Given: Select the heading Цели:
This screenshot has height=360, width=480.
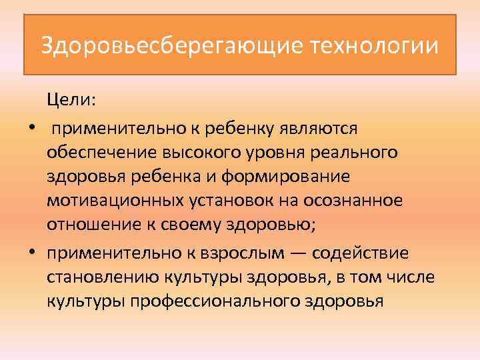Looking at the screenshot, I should click(71, 100).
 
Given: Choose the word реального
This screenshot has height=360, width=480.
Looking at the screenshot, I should click(353, 152).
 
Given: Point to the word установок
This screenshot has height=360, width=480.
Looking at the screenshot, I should click(222, 201).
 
